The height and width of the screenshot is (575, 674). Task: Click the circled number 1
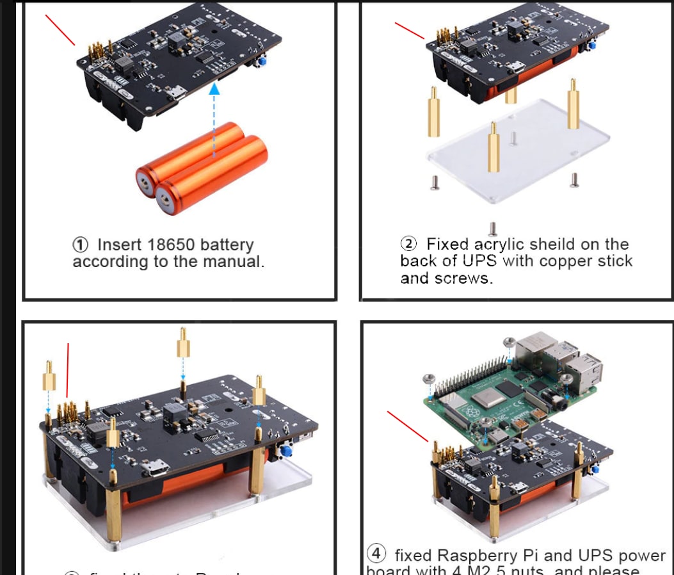81,245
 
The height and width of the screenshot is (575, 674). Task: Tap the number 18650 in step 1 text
172,245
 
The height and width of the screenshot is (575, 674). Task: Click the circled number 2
408,244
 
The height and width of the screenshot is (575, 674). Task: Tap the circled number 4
376,553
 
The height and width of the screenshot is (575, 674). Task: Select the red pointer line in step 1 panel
60,29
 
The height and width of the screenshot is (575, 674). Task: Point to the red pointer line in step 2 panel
409,30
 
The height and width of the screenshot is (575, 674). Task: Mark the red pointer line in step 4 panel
408,426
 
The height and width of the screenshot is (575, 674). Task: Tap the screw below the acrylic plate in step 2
493,228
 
